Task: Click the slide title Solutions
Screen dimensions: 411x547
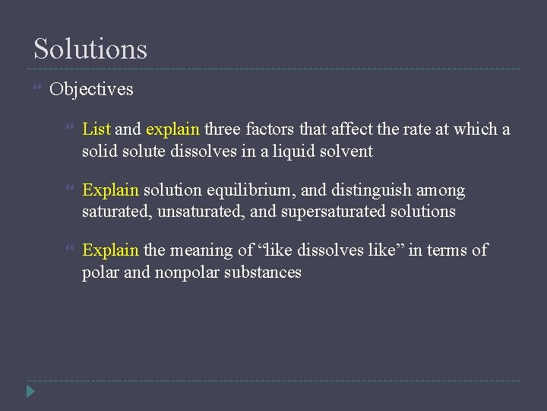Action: [x=90, y=49]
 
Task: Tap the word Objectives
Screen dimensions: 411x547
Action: [x=91, y=90]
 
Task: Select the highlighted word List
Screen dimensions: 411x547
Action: [x=96, y=129]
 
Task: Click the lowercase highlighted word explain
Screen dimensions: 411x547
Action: [x=172, y=129]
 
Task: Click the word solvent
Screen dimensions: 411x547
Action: [x=347, y=151]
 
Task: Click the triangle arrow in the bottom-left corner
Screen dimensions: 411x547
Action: [x=30, y=392]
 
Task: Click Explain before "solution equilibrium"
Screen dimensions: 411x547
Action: [x=110, y=190]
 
